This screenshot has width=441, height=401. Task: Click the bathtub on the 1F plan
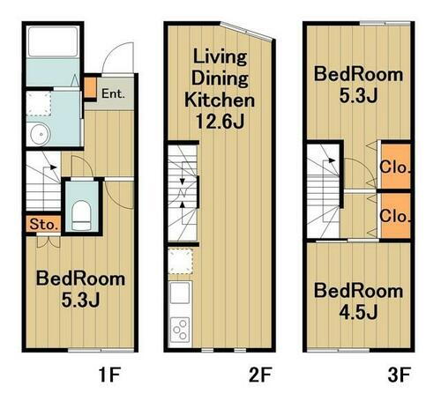click(x=53, y=41)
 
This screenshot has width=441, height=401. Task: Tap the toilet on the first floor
click(x=81, y=215)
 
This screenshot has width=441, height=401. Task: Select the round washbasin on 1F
click(x=41, y=134)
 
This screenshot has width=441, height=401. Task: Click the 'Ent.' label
click(x=113, y=93)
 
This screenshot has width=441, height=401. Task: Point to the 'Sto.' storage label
click(x=43, y=225)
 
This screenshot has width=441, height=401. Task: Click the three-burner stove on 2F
click(x=180, y=329)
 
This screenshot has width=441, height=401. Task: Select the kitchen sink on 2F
click(x=180, y=293)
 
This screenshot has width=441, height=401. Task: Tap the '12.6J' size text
click(x=220, y=121)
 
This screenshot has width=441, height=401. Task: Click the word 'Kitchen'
click(x=220, y=100)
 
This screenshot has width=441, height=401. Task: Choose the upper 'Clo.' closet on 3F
click(x=395, y=167)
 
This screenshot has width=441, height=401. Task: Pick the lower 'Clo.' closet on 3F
click(x=395, y=215)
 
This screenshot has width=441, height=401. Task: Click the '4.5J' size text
click(x=358, y=312)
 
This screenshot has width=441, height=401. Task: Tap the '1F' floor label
click(x=109, y=375)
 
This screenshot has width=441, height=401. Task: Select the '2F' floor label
click(x=260, y=375)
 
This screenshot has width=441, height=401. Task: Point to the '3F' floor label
click(x=399, y=375)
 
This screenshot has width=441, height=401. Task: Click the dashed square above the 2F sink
click(x=181, y=261)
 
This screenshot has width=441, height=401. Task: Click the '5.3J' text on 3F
click(x=358, y=95)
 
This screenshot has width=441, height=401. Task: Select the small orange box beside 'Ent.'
click(x=90, y=87)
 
